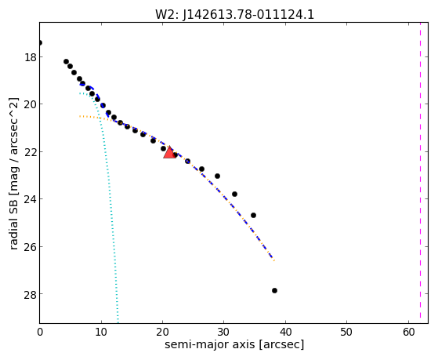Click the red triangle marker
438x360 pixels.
169,152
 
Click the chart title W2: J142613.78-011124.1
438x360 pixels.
234,14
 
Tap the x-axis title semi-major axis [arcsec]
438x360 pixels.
234,344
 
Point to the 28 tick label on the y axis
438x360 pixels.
31,294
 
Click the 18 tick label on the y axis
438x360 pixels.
31,57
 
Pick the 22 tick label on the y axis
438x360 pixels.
31,152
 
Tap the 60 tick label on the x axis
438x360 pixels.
408,333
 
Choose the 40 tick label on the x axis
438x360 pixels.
285,333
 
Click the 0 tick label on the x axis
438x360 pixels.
40,333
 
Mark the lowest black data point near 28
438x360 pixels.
274,291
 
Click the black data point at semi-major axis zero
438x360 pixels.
40,43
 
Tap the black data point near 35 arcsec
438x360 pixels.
253,216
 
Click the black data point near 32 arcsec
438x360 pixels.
234,195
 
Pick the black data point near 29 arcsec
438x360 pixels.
217,176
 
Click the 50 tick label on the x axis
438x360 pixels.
346,333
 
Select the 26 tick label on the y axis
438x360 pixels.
31,247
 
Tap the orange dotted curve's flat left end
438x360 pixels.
80,116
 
